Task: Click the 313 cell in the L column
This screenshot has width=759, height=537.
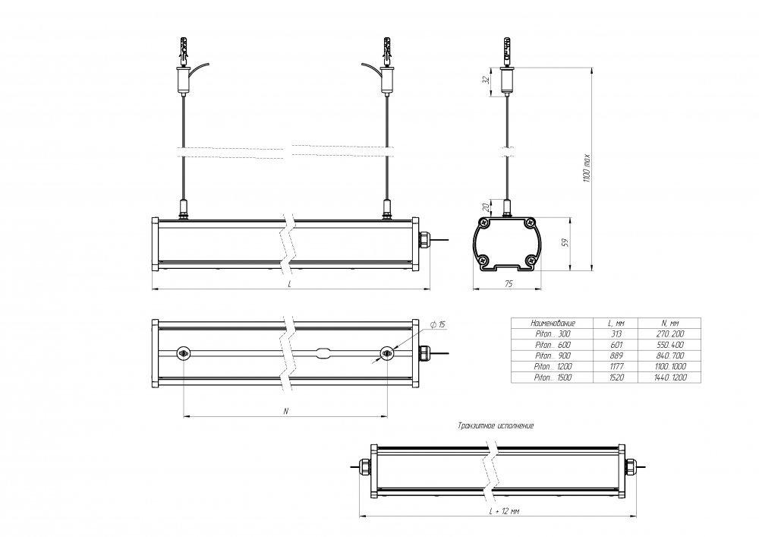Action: pyautogui.click(x=616, y=333)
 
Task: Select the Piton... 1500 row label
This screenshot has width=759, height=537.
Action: pyautogui.click(x=553, y=377)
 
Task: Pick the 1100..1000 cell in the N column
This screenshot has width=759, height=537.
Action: pyautogui.click(x=669, y=367)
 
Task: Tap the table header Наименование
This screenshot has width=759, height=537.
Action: pyautogui.click(x=553, y=323)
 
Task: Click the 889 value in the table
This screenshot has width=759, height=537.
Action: pyautogui.click(x=616, y=355)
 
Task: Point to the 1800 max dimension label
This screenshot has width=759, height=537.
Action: pyautogui.click(x=587, y=168)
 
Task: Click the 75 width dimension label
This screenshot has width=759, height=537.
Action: pyautogui.click(x=509, y=284)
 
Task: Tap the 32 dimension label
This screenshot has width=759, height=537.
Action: pyautogui.click(x=486, y=80)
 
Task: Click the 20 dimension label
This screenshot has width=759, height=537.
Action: pyautogui.click(x=486, y=207)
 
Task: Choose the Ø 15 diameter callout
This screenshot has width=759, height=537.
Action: pyautogui.click(x=438, y=324)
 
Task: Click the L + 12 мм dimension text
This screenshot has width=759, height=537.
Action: pyautogui.click(x=504, y=511)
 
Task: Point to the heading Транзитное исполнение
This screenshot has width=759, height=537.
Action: pyautogui.click(x=496, y=425)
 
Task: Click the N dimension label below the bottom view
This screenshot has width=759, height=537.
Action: pyautogui.click(x=286, y=411)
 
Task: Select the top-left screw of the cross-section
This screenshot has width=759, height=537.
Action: pyautogui.click(x=484, y=223)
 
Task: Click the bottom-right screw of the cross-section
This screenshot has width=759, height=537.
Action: pyautogui.click(x=531, y=261)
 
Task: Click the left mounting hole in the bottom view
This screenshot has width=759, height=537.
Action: pyautogui.click(x=184, y=354)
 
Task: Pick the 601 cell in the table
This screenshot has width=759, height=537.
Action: pyautogui.click(x=616, y=345)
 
